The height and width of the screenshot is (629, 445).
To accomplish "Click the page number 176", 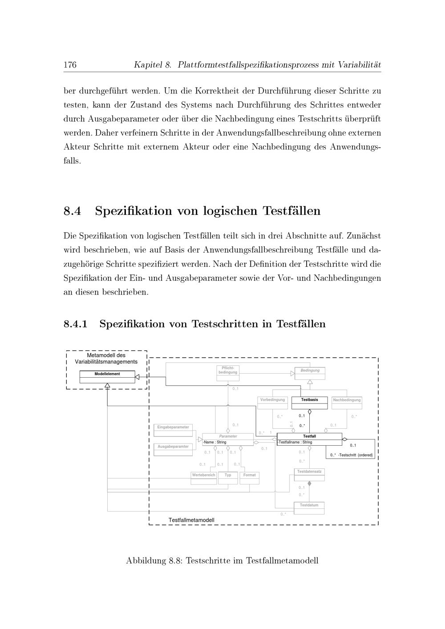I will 70,65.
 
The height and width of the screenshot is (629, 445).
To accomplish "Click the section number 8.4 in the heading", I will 72,210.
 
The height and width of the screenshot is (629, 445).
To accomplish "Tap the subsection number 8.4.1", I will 75,324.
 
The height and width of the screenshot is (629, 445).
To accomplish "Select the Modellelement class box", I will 107,377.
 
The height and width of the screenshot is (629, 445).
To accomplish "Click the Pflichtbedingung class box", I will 228,373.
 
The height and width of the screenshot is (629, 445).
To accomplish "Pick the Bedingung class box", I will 310,373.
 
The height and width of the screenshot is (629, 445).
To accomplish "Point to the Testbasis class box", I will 309,402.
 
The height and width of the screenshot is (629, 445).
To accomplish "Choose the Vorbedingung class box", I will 272,402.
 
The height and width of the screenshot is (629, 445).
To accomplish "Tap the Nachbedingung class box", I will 347,403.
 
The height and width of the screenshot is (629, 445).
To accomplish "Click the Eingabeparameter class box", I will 173,430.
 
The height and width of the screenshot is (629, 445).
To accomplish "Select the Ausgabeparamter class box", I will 173,449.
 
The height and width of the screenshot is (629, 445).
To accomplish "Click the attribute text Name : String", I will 215,443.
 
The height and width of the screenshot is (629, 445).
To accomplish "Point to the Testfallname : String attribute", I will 295,443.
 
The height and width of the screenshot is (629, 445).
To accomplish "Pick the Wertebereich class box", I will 203,478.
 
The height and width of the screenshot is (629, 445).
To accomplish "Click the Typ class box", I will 228,478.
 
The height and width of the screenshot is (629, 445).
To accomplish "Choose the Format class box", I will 250,478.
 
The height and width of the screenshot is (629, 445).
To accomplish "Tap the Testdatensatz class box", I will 309,474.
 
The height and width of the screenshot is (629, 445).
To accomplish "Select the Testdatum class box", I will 309,508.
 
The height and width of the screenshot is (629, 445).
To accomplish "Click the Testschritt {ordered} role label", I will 356,455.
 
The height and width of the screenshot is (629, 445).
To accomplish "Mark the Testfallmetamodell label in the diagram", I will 191,520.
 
